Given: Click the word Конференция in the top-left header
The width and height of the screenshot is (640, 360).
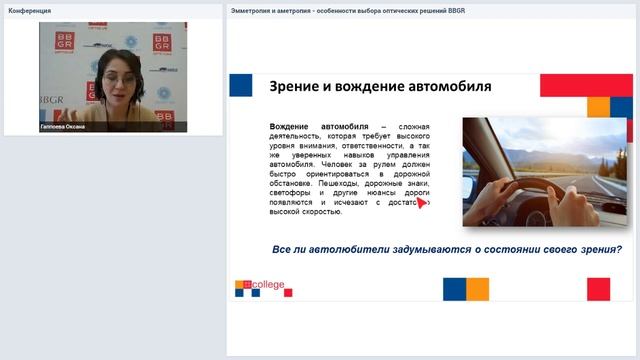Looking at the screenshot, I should point(30,11).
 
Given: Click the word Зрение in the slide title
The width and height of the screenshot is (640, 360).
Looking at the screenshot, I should point(297,87).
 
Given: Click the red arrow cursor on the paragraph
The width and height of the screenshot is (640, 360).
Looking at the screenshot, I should point(424,203).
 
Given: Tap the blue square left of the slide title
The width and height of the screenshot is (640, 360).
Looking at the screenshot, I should point(240,84).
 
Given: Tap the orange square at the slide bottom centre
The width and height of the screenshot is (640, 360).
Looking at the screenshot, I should point(477,289).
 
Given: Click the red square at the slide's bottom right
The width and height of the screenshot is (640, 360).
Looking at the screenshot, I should point(598,289).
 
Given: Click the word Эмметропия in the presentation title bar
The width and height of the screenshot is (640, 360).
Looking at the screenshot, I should point(258,11).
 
